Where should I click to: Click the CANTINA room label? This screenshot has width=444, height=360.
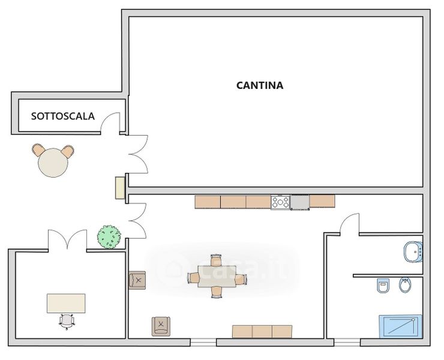click(x=260, y=85)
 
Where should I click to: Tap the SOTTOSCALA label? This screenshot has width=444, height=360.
click(x=62, y=116)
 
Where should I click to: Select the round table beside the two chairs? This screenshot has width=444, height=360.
click(x=53, y=163)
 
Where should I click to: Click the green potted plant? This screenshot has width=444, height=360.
click(x=109, y=237)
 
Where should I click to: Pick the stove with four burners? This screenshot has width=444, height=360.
click(x=280, y=202)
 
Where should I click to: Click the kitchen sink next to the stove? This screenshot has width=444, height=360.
click(x=299, y=203)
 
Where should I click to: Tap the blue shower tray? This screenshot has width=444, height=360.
click(x=400, y=326)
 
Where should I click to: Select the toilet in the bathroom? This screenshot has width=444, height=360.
click(x=383, y=286)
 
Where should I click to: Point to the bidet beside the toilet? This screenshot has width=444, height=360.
click(x=406, y=285)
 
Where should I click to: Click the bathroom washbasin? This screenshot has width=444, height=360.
click(x=413, y=252)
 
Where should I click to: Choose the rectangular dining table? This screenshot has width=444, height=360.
click(x=217, y=276)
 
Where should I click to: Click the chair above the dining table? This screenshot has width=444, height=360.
click(x=216, y=260)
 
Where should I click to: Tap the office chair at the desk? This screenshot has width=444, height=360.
click(x=67, y=322)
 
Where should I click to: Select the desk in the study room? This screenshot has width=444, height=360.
click(x=66, y=304)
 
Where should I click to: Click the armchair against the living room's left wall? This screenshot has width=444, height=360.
click(x=137, y=280)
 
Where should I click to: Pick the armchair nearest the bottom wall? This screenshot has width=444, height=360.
click(x=161, y=326)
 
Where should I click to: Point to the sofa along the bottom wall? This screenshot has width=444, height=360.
click(x=262, y=332)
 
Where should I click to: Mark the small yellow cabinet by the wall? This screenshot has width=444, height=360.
click(x=121, y=188)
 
